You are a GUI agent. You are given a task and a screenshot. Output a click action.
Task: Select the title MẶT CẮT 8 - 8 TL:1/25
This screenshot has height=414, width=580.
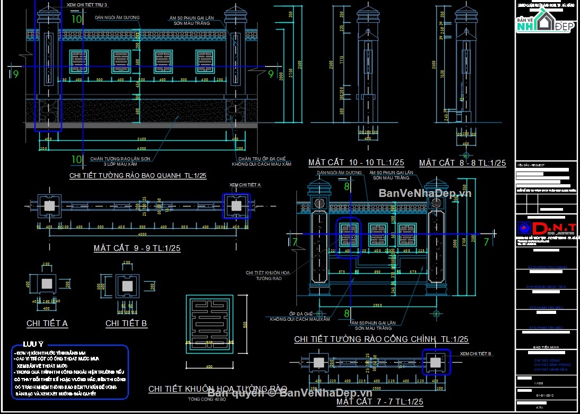(462, 163)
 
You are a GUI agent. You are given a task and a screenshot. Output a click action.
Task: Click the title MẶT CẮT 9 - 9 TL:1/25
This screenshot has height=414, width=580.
(137, 248)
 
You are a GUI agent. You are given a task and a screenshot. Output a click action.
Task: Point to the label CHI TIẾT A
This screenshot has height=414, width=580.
(47, 323)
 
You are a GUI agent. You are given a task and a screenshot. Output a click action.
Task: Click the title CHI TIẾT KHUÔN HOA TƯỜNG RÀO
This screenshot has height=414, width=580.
(218, 389)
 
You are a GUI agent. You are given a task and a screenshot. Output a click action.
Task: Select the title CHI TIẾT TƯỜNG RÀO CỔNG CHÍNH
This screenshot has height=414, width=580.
(381, 339)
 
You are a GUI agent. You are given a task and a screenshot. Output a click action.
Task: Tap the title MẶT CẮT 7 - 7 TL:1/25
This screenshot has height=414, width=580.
(380, 402)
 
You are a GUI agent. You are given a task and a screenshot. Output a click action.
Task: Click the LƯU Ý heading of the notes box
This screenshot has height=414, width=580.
(33, 344)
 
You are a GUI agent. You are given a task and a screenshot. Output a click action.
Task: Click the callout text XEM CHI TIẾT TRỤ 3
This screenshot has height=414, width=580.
(87, 4)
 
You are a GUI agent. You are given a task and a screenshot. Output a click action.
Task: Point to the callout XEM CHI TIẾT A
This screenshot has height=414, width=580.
(245, 185)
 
